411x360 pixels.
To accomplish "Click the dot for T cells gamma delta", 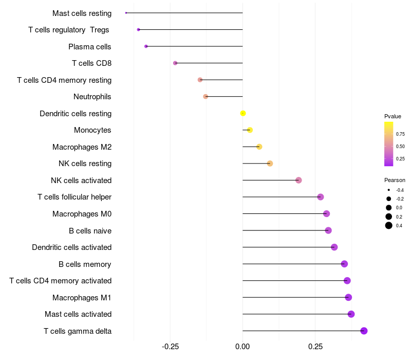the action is [x=364, y=331].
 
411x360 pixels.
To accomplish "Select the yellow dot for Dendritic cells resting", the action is [x=243, y=113].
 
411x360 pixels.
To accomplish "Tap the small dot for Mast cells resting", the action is [x=126, y=13].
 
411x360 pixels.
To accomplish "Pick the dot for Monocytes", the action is [x=250, y=130].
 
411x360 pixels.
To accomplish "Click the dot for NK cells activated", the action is [x=298, y=181].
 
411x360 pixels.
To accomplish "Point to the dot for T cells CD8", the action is [x=175, y=63].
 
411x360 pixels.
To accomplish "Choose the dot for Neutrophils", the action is [x=206, y=97].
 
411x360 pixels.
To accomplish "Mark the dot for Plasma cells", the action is [x=146, y=46].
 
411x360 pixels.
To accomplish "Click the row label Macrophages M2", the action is [x=82, y=147].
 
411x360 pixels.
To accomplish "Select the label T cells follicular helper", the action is [x=74, y=197].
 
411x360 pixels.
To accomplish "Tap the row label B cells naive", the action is [x=90, y=230].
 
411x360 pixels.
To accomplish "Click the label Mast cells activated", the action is [x=78, y=314].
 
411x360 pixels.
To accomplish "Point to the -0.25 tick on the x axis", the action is [x=170, y=347].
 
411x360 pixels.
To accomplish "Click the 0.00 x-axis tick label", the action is [x=242, y=347].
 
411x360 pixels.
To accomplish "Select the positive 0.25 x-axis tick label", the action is [x=315, y=347].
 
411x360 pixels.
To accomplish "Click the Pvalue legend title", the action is [x=393, y=116].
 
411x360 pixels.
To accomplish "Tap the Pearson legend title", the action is [x=395, y=180].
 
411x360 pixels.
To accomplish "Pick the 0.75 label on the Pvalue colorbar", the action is [x=400, y=134].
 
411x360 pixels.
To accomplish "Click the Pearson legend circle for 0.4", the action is [x=389, y=225].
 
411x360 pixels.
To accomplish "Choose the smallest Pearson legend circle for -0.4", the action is [x=389, y=190].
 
